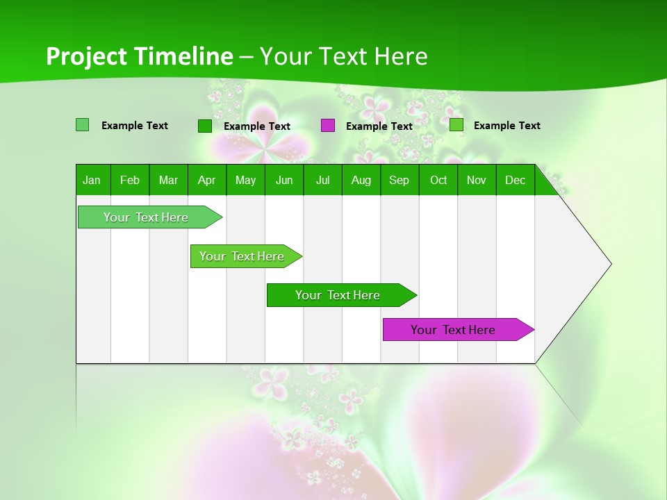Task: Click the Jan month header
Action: coord(92,180)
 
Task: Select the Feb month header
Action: coord(130,180)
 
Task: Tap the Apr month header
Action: coord(206,180)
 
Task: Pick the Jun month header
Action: coord(284,180)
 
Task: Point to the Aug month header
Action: coord(361,180)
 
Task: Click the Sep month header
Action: coord(399,180)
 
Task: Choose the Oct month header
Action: coord(438,180)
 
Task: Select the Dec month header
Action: coord(515,180)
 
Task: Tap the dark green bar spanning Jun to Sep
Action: coord(338,295)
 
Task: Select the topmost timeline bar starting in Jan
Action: coord(147,217)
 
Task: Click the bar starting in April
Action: coord(242,256)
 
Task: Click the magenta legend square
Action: coord(328,126)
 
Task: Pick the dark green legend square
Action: coord(205,126)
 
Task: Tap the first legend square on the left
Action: coord(83,125)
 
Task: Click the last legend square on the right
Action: coord(456,125)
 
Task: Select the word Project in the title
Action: coord(87,56)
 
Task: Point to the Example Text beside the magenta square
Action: coord(379,126)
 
